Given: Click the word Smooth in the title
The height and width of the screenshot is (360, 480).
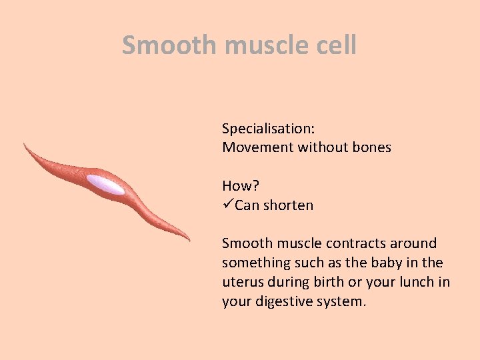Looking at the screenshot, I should point(169,45).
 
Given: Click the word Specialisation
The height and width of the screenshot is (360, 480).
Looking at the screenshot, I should point(269,128).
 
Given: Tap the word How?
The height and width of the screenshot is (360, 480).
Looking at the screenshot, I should point(241,186).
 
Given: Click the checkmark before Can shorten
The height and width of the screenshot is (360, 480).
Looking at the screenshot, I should point(228,205).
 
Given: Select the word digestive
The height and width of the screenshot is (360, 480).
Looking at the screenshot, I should point(282,301).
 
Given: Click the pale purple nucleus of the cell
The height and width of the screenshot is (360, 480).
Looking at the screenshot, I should point(105,185).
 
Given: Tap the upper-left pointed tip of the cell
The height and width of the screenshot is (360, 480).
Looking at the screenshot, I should point(25,144).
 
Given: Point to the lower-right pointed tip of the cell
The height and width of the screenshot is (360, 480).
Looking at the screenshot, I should point(189,239).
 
